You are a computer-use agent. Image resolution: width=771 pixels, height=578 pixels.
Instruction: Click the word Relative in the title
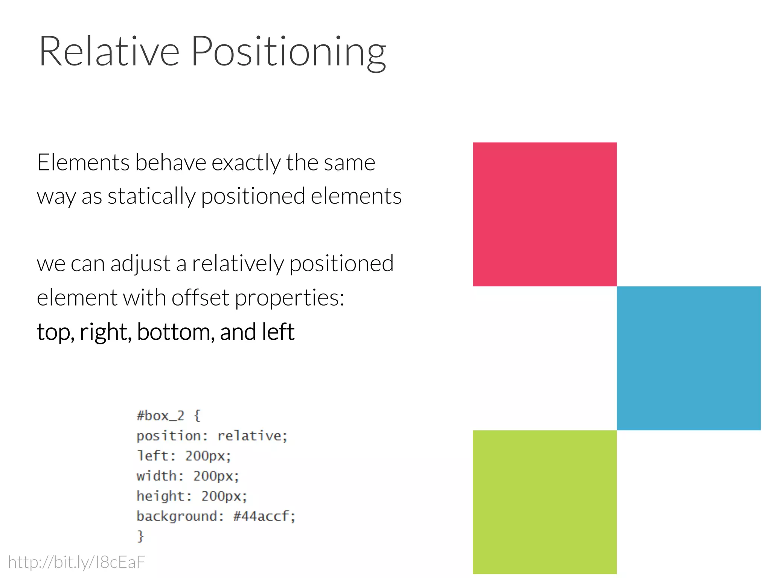pyautogui.click(x=109, y=52)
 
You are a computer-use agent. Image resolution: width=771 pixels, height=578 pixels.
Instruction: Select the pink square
pyautogui.click(x=544, y=214)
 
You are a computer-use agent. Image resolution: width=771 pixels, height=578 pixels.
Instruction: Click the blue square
pyautogui.click(x=688, y=358)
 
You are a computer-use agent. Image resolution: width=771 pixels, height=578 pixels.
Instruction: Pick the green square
pyautogui.click(x=544, y=502)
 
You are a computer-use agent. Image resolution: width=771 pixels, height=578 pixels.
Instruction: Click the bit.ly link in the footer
pyautogui.click(x=76, y=562)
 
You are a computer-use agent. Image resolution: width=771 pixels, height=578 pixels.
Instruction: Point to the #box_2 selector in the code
pyautogui.click(x=160, y=416)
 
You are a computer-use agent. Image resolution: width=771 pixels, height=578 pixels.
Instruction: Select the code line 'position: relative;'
pyautogui.click(x=212, y=436)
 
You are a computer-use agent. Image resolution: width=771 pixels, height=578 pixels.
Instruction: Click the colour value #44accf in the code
pyautogui.click(x=261, y=516)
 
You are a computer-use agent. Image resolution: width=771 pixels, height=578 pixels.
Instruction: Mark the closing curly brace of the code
pyautogui.click(x=140, y=536)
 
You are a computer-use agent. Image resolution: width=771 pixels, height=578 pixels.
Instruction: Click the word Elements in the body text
pyautogui.click(x=83, y=163)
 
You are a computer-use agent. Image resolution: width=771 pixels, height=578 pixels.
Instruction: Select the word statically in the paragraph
pyautogui.click(x=151, y=196)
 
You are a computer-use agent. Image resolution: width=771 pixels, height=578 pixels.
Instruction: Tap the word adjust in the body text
pyautogui.click(x=140, y=263)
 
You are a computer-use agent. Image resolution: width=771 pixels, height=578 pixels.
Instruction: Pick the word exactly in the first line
pyautogui.click(x=246, y=163)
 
